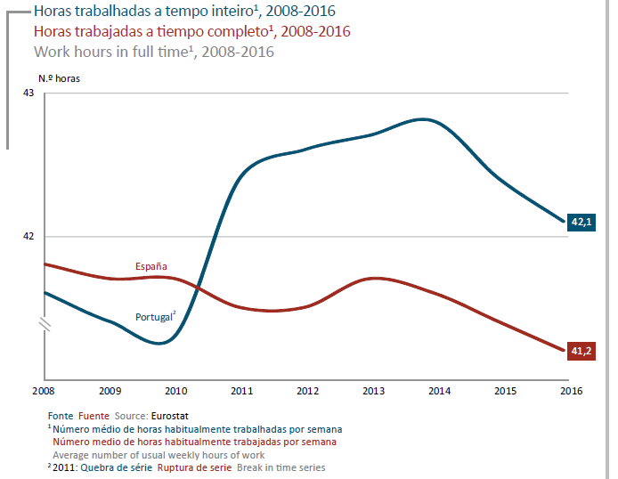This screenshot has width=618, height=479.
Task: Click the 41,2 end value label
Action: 581,351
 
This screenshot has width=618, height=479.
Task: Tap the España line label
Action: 151,266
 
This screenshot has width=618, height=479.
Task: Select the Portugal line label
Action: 154,317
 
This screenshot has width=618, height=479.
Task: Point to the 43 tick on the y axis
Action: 28,93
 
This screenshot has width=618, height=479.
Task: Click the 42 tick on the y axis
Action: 28,236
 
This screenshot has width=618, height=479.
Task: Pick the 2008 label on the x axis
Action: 43,391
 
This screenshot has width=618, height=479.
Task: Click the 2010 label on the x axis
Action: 175,391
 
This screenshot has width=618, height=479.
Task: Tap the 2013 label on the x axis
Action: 374,391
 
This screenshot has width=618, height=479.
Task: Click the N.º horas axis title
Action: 59,78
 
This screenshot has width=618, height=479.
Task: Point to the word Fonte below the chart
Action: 61,415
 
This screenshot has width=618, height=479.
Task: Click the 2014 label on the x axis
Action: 440,391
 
